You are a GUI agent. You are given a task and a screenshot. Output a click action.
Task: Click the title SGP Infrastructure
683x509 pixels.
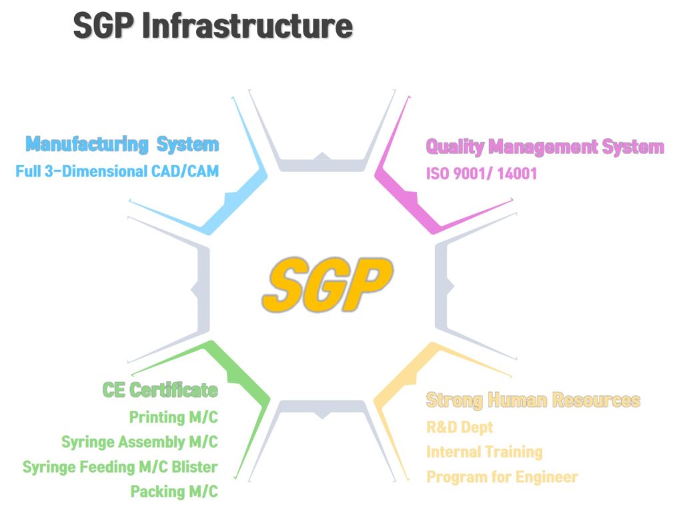tap(213, 26)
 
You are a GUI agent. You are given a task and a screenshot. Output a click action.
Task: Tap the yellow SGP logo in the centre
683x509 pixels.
tap(327, 284)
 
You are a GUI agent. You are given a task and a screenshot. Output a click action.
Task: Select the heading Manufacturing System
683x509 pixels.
tap(122, 145)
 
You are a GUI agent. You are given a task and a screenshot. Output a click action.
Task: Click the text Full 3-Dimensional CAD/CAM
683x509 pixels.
tap(117, 171)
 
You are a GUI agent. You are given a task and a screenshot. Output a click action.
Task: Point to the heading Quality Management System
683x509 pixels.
tap(545, 147)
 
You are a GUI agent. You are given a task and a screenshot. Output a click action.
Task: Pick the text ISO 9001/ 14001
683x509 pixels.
tap(482, 174)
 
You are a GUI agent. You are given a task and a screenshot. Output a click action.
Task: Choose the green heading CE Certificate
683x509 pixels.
tap(160, 390)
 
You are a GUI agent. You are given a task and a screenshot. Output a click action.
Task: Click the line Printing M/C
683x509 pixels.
tap(173, 417)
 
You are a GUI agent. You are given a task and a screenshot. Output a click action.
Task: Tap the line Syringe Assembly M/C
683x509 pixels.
tap(139, 442)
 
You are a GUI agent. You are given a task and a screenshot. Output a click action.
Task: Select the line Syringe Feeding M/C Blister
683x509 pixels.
tap(120, 467)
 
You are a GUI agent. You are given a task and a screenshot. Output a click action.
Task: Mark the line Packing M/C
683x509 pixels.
tap(174, 492)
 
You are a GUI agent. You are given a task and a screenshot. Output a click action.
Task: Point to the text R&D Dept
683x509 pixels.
tap(460, 427)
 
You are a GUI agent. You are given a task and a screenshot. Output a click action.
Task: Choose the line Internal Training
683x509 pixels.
tap(484, 452)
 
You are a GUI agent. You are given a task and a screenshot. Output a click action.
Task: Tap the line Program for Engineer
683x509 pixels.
tap(502, 477)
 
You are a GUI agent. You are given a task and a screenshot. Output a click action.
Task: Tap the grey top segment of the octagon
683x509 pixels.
tap(322, 165)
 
